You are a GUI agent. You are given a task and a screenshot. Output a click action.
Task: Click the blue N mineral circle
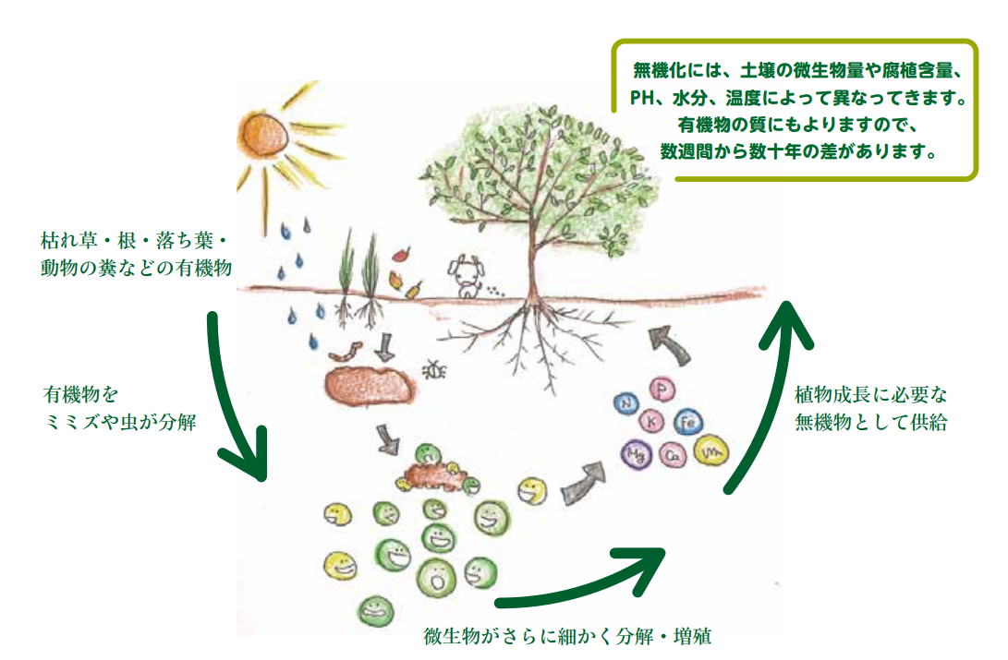coord(628,402)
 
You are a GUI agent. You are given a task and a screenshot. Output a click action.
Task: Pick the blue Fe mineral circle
coord(688,423)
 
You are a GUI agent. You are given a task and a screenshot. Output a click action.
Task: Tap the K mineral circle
coord(654,422)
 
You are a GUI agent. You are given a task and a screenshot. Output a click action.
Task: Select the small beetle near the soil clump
coord(435,369)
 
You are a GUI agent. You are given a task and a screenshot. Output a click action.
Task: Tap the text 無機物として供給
coord(870,423)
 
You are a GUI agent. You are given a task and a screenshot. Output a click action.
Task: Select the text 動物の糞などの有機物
coord(136,267)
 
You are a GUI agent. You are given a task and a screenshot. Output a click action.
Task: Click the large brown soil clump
coord(369,385)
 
